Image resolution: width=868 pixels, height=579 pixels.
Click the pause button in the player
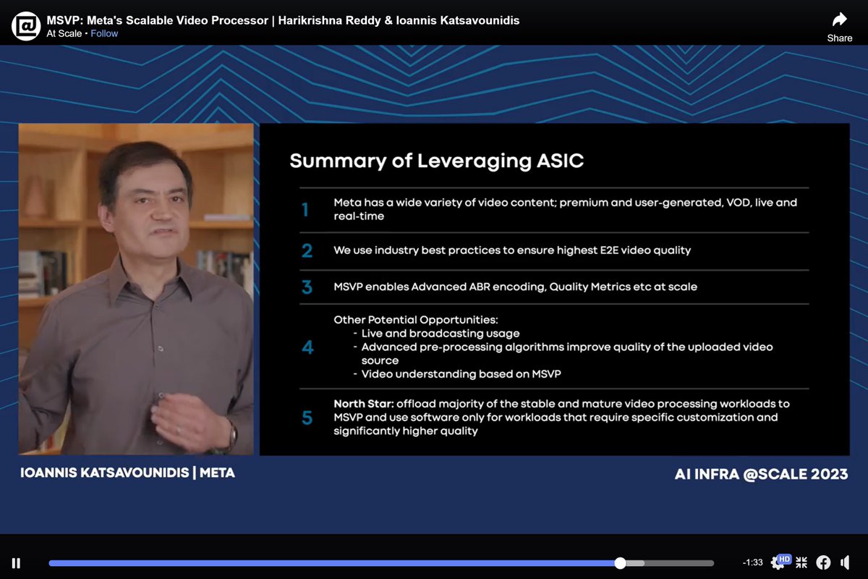click(x=16, y=563)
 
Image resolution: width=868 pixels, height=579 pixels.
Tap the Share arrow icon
click(x=839, y=20)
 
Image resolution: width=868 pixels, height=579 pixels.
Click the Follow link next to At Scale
click(x=104, y=33)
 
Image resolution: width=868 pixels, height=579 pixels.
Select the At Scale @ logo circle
click(x=26, y=26)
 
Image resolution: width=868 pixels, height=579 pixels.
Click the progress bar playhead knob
click(x=620, y=563)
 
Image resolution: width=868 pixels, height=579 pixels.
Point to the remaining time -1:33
click(x=752, y=563)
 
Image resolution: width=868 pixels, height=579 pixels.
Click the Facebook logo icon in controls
click(x=823, y=562)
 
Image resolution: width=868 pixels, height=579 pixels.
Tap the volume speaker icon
click(x=845, y=562)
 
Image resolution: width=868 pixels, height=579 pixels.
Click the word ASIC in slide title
click(x=559, y=161)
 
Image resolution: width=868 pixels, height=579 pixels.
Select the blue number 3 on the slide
click(x=307, y=287)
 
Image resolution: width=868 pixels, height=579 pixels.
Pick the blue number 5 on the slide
click(x=307, y=418)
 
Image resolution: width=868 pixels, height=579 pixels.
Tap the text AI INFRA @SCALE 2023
click(x=761, y=475)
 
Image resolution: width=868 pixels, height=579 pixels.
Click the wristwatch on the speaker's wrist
click(x=232, y=435)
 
